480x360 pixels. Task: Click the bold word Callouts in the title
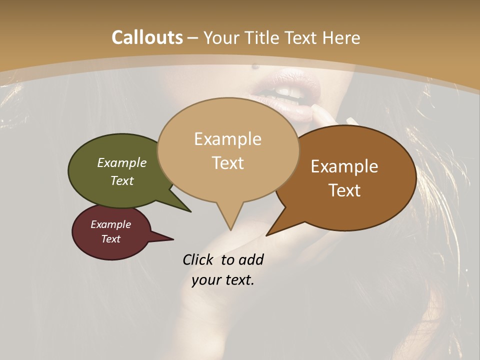pos(147,37)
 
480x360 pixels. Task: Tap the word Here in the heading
pos(339,37)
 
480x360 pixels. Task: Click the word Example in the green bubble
pos(122,162)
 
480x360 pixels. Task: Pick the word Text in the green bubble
pos(122,180)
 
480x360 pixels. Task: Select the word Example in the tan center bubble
pos(227,139)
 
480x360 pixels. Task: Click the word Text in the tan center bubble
pos(227,163)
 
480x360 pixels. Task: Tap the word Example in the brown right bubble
pos(344,166)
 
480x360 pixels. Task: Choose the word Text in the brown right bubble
pos(344,190)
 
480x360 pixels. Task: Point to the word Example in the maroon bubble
pos(111,224)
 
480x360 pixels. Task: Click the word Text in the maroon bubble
pos(111,239)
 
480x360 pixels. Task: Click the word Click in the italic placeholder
pos(199,259)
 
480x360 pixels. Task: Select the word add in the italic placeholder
pos(251,259)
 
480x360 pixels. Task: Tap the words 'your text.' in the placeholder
pos(223,280)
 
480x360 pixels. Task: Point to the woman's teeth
pos(282,92)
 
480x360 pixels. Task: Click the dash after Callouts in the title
pos(193,38)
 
